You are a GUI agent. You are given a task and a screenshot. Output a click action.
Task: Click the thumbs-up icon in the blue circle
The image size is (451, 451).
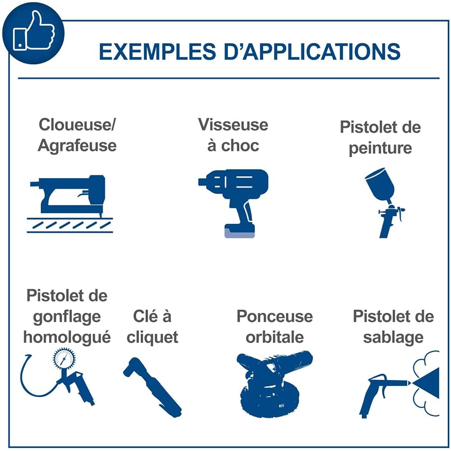(x=34, y=31)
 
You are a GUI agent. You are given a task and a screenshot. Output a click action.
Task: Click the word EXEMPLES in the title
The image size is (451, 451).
(x=157, y=52)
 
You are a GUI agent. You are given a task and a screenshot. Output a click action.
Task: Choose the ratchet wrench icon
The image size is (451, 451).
(x=152, y=387)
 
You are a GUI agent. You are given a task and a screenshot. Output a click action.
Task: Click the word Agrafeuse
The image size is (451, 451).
(x=77, y=146)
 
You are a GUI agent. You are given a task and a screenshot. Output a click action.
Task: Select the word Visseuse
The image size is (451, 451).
(x=233, y=125)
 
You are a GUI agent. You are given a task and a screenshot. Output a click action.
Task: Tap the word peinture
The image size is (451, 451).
(x=380, y=148)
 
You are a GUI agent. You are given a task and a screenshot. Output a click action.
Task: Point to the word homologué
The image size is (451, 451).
(x=67, y=337)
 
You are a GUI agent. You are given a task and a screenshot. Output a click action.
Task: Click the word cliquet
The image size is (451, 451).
(x=152, y=337)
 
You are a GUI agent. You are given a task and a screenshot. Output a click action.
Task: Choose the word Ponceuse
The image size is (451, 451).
(x=275, y=317)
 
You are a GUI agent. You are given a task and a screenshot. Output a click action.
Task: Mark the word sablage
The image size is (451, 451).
(x=393, y=337)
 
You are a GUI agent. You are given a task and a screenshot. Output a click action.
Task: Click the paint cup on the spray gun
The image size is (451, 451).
(x=380, y=184)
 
